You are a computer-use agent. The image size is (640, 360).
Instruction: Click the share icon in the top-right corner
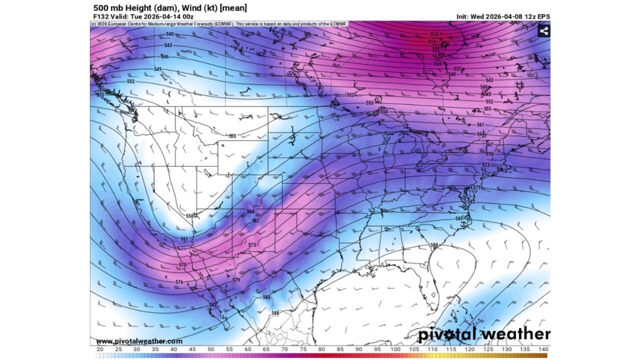[x=543, y=31]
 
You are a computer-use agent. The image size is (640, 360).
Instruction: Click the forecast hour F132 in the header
[x=101, y=16]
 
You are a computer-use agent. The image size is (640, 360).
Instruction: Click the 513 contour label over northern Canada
[x=434, y=34]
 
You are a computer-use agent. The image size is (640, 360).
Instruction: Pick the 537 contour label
[x=457, y=68]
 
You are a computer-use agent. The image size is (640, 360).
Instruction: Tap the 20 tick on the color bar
[x=100, y=349]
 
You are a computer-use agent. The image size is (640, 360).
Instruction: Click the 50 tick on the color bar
[x=211, y=349]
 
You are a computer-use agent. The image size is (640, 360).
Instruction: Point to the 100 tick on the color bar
[x=395, y=349]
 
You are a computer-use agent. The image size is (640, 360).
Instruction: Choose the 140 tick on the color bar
[x=543, y=349]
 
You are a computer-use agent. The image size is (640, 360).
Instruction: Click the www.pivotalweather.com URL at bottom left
[x=136, y=341]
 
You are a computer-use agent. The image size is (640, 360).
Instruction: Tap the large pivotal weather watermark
[x=483, y=334]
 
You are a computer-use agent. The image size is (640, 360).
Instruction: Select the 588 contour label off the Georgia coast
[x=434, y=245]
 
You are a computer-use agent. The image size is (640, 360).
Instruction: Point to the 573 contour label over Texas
[x=252, y=245]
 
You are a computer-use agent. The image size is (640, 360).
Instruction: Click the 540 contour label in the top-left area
[x=169, y=34]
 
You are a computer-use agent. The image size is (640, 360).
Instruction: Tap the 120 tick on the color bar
[x=469, y=349]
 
